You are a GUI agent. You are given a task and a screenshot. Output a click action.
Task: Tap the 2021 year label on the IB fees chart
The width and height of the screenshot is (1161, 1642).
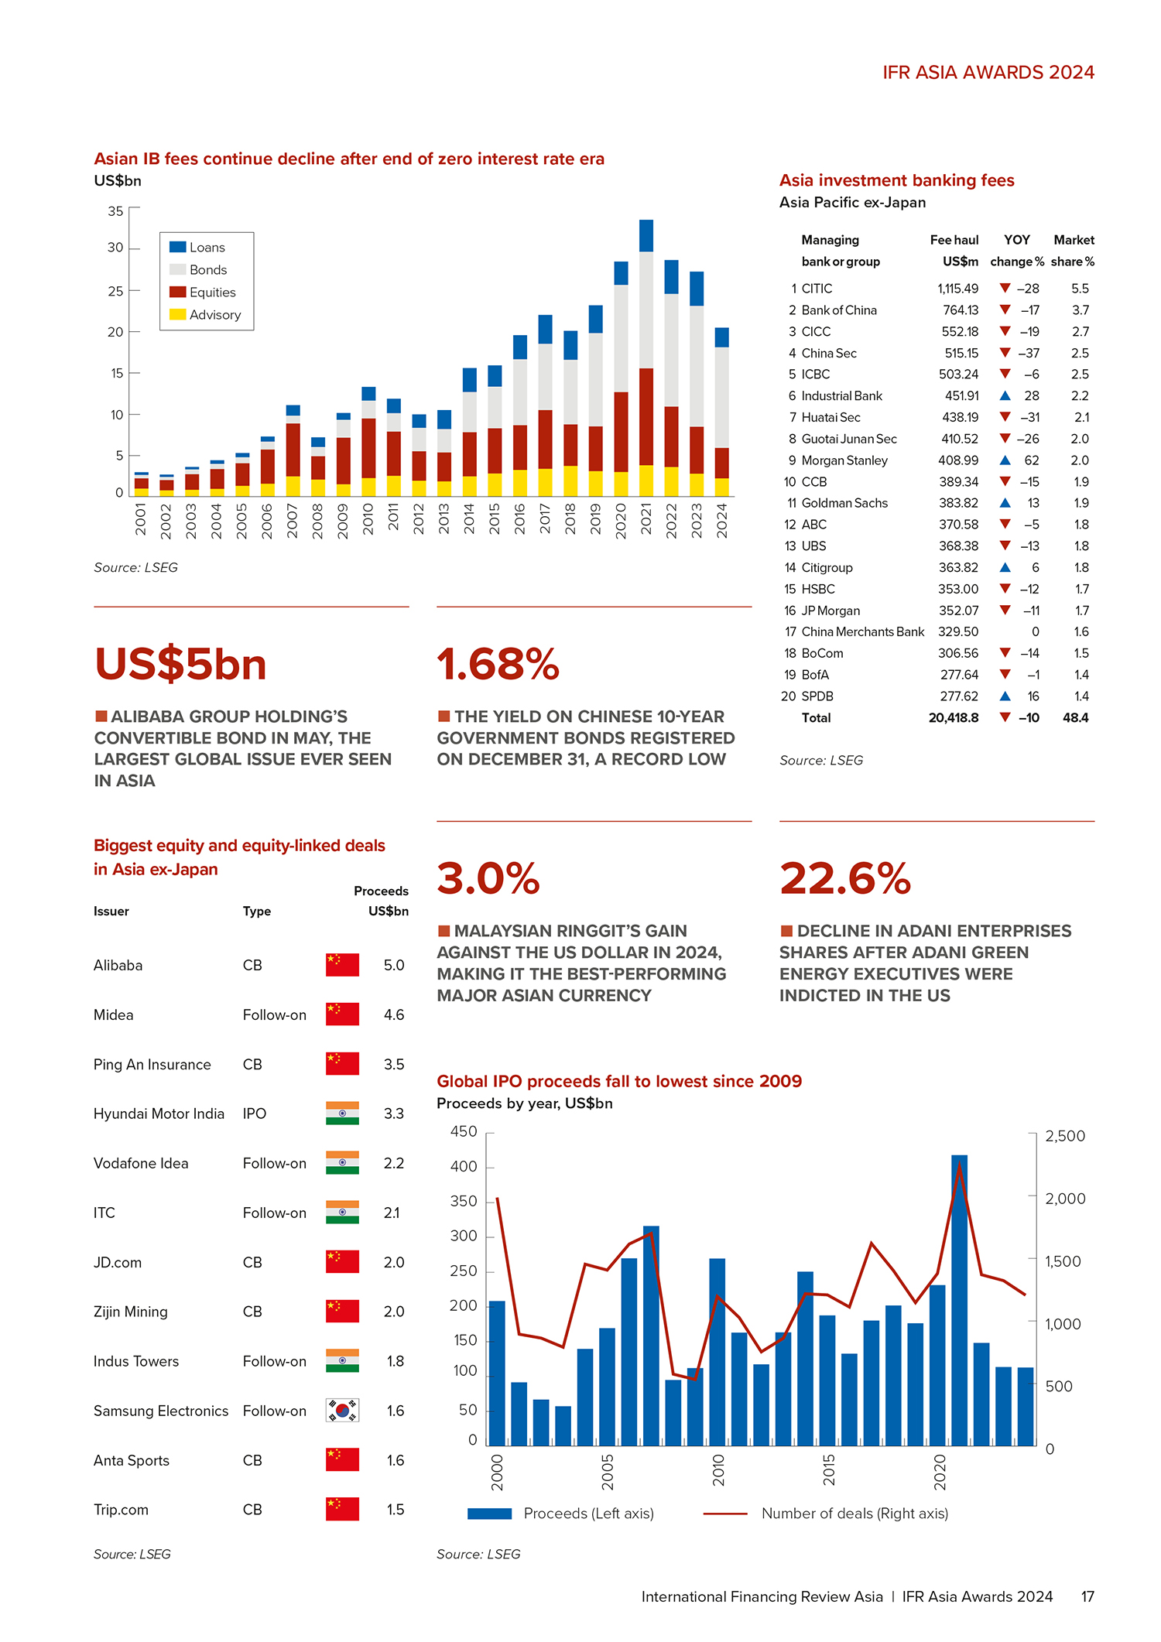(x=646, y=520)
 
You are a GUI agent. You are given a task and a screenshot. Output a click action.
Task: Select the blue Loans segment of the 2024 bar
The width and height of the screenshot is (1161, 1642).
(x=721, y=337)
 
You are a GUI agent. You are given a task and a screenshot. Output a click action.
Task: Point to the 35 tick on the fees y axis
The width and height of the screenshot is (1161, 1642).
(x=115, y=211)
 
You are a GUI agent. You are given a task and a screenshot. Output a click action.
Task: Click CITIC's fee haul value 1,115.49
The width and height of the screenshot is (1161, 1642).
(x=958, y=289)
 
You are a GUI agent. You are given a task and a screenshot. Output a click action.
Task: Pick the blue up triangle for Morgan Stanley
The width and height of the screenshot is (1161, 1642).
(x=1005, y=460)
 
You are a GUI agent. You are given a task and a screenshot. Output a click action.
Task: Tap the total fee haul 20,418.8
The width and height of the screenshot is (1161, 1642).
(x=954, y=718)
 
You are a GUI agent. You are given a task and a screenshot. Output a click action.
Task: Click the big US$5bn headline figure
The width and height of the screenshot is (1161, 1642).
(x=180, y=665)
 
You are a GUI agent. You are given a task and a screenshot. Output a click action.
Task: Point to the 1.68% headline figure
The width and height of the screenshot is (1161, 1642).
(x=498, y=665)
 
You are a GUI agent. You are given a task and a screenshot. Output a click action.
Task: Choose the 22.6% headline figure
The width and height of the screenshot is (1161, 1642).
(x=845, y=879)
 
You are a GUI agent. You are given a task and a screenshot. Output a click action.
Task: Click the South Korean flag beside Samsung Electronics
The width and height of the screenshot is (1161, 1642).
(x=342, y=1411)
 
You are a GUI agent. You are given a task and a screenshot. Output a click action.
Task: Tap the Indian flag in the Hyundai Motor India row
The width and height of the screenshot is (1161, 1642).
(x=342, y=1113)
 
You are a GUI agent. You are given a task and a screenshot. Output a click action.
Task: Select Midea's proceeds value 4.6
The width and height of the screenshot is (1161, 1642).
(x=394, y=1014)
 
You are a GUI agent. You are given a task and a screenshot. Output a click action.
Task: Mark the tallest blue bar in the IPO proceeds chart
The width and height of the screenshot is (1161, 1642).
(x=959, y=1300)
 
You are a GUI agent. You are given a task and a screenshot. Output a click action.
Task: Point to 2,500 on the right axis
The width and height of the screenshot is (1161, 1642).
(x=1065, y=1136)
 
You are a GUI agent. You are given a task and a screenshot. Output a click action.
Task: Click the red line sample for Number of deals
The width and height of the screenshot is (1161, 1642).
(x=725, y=1514)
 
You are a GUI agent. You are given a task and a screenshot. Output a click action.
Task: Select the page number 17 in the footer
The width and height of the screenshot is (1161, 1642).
(x=1087, y=1596)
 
